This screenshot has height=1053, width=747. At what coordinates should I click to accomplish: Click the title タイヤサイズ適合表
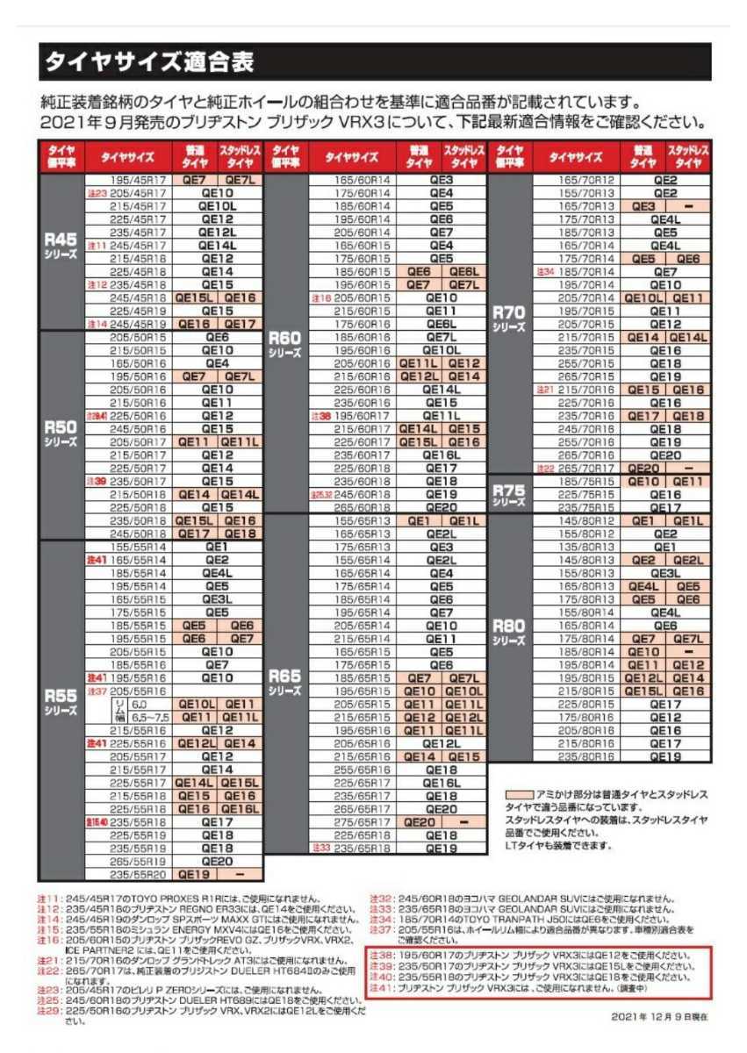(150, 62)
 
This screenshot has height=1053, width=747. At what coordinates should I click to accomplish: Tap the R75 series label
(509, 495)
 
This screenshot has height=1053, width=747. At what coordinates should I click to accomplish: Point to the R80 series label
(509, 630)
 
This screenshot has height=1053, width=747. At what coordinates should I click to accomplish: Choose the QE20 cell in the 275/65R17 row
(420, 822)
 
